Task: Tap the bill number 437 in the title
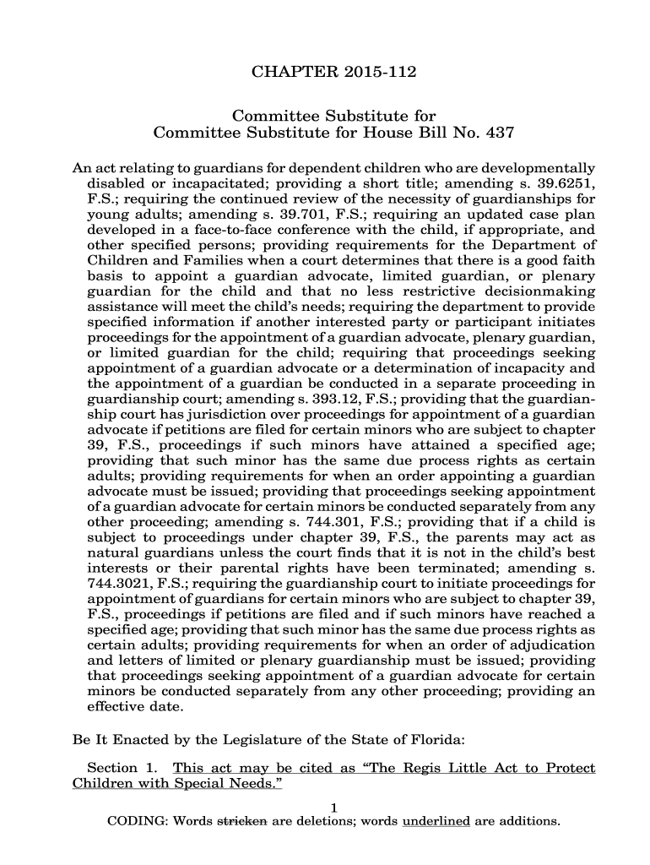click(x=496, y=133)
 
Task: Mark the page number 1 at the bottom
click(x=334, y=808)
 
